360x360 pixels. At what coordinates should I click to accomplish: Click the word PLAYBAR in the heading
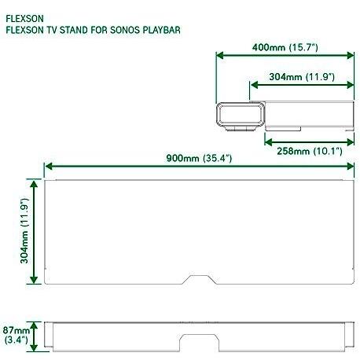161,30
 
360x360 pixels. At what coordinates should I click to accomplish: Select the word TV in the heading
51,30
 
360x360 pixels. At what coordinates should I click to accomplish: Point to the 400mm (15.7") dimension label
285,47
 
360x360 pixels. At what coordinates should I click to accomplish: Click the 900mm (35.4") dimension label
199,158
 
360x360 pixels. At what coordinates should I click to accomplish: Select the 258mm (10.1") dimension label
310,151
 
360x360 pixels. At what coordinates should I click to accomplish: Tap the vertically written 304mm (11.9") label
24,230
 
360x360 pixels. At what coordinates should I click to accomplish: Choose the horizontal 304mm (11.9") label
302,77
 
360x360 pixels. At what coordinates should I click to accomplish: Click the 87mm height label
17,330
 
